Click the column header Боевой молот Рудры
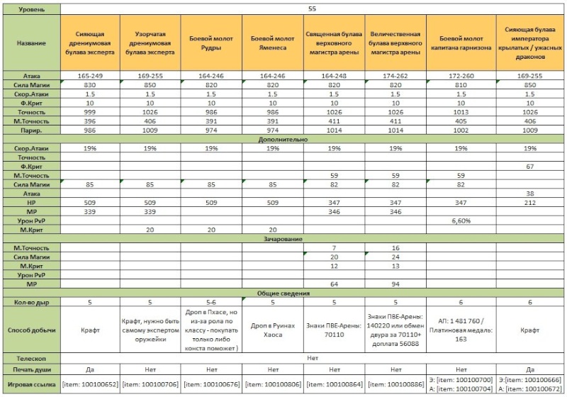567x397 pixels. click(211, 43)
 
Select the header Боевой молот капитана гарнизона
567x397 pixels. click(461, 43)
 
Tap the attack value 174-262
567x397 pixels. click(395, 76)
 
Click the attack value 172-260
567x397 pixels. click(461, 76)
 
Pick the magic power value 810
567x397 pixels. click(461, 85)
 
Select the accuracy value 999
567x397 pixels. click(90, 112)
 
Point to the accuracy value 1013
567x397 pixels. click(461, 112)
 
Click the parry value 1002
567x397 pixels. click(461, 130)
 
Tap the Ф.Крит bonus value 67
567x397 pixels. click(529, 167)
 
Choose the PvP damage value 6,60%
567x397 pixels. click(461, 221)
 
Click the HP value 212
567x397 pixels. click(529, 203)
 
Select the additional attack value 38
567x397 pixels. click(529, 194)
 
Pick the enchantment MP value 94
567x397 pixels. click(395, 284)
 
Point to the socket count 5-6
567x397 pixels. click(211, 302)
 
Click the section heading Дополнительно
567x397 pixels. click(283, 140)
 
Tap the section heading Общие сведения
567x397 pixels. click(283, 293)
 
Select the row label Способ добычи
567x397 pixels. click(31, 330)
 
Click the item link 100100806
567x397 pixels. click(273, 384)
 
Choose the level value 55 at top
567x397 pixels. click(312, 9)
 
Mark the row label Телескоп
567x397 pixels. click(31, 359)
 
